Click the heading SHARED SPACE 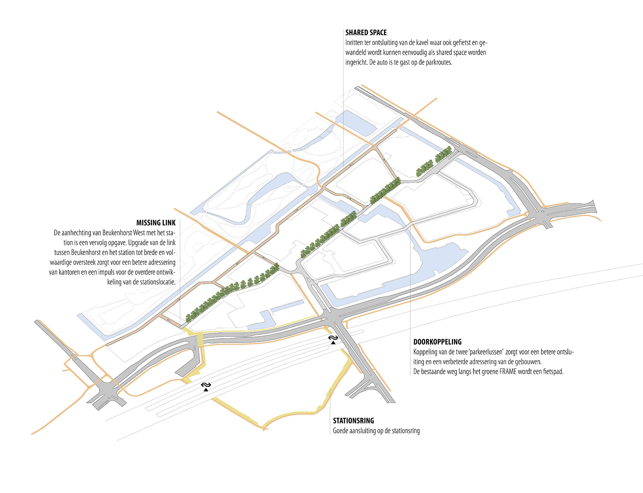366,33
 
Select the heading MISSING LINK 156,223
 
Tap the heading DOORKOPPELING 437,342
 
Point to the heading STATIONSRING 353,421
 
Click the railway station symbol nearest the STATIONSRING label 206,386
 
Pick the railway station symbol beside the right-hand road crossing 333,340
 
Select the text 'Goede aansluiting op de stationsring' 376,431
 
